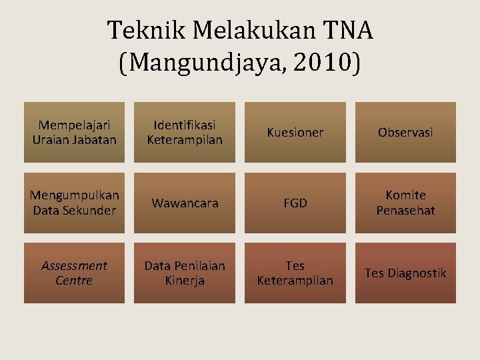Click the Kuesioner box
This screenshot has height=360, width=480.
click(x=295, y=133)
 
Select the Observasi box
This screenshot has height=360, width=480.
click(x=405, y=133)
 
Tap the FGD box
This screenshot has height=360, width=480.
click(x=295, y=203)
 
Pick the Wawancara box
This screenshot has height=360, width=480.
click(x=185, y=203)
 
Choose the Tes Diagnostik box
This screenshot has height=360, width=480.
click(x=405, y=273)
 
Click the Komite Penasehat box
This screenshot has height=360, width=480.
click(x=405, y=203)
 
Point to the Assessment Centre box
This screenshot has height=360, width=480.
click(x=74, y=273)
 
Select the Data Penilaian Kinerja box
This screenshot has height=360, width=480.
click(x=185, y=273)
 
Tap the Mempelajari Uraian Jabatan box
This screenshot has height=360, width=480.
click(x=74, y=133)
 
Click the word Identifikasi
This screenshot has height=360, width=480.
click(x=185, y=125)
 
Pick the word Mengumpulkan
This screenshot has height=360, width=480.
click(x=74, y=195)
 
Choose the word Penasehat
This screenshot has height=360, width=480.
click(x=405, y=211)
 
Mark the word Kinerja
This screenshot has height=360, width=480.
click(x=185, y=281)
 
